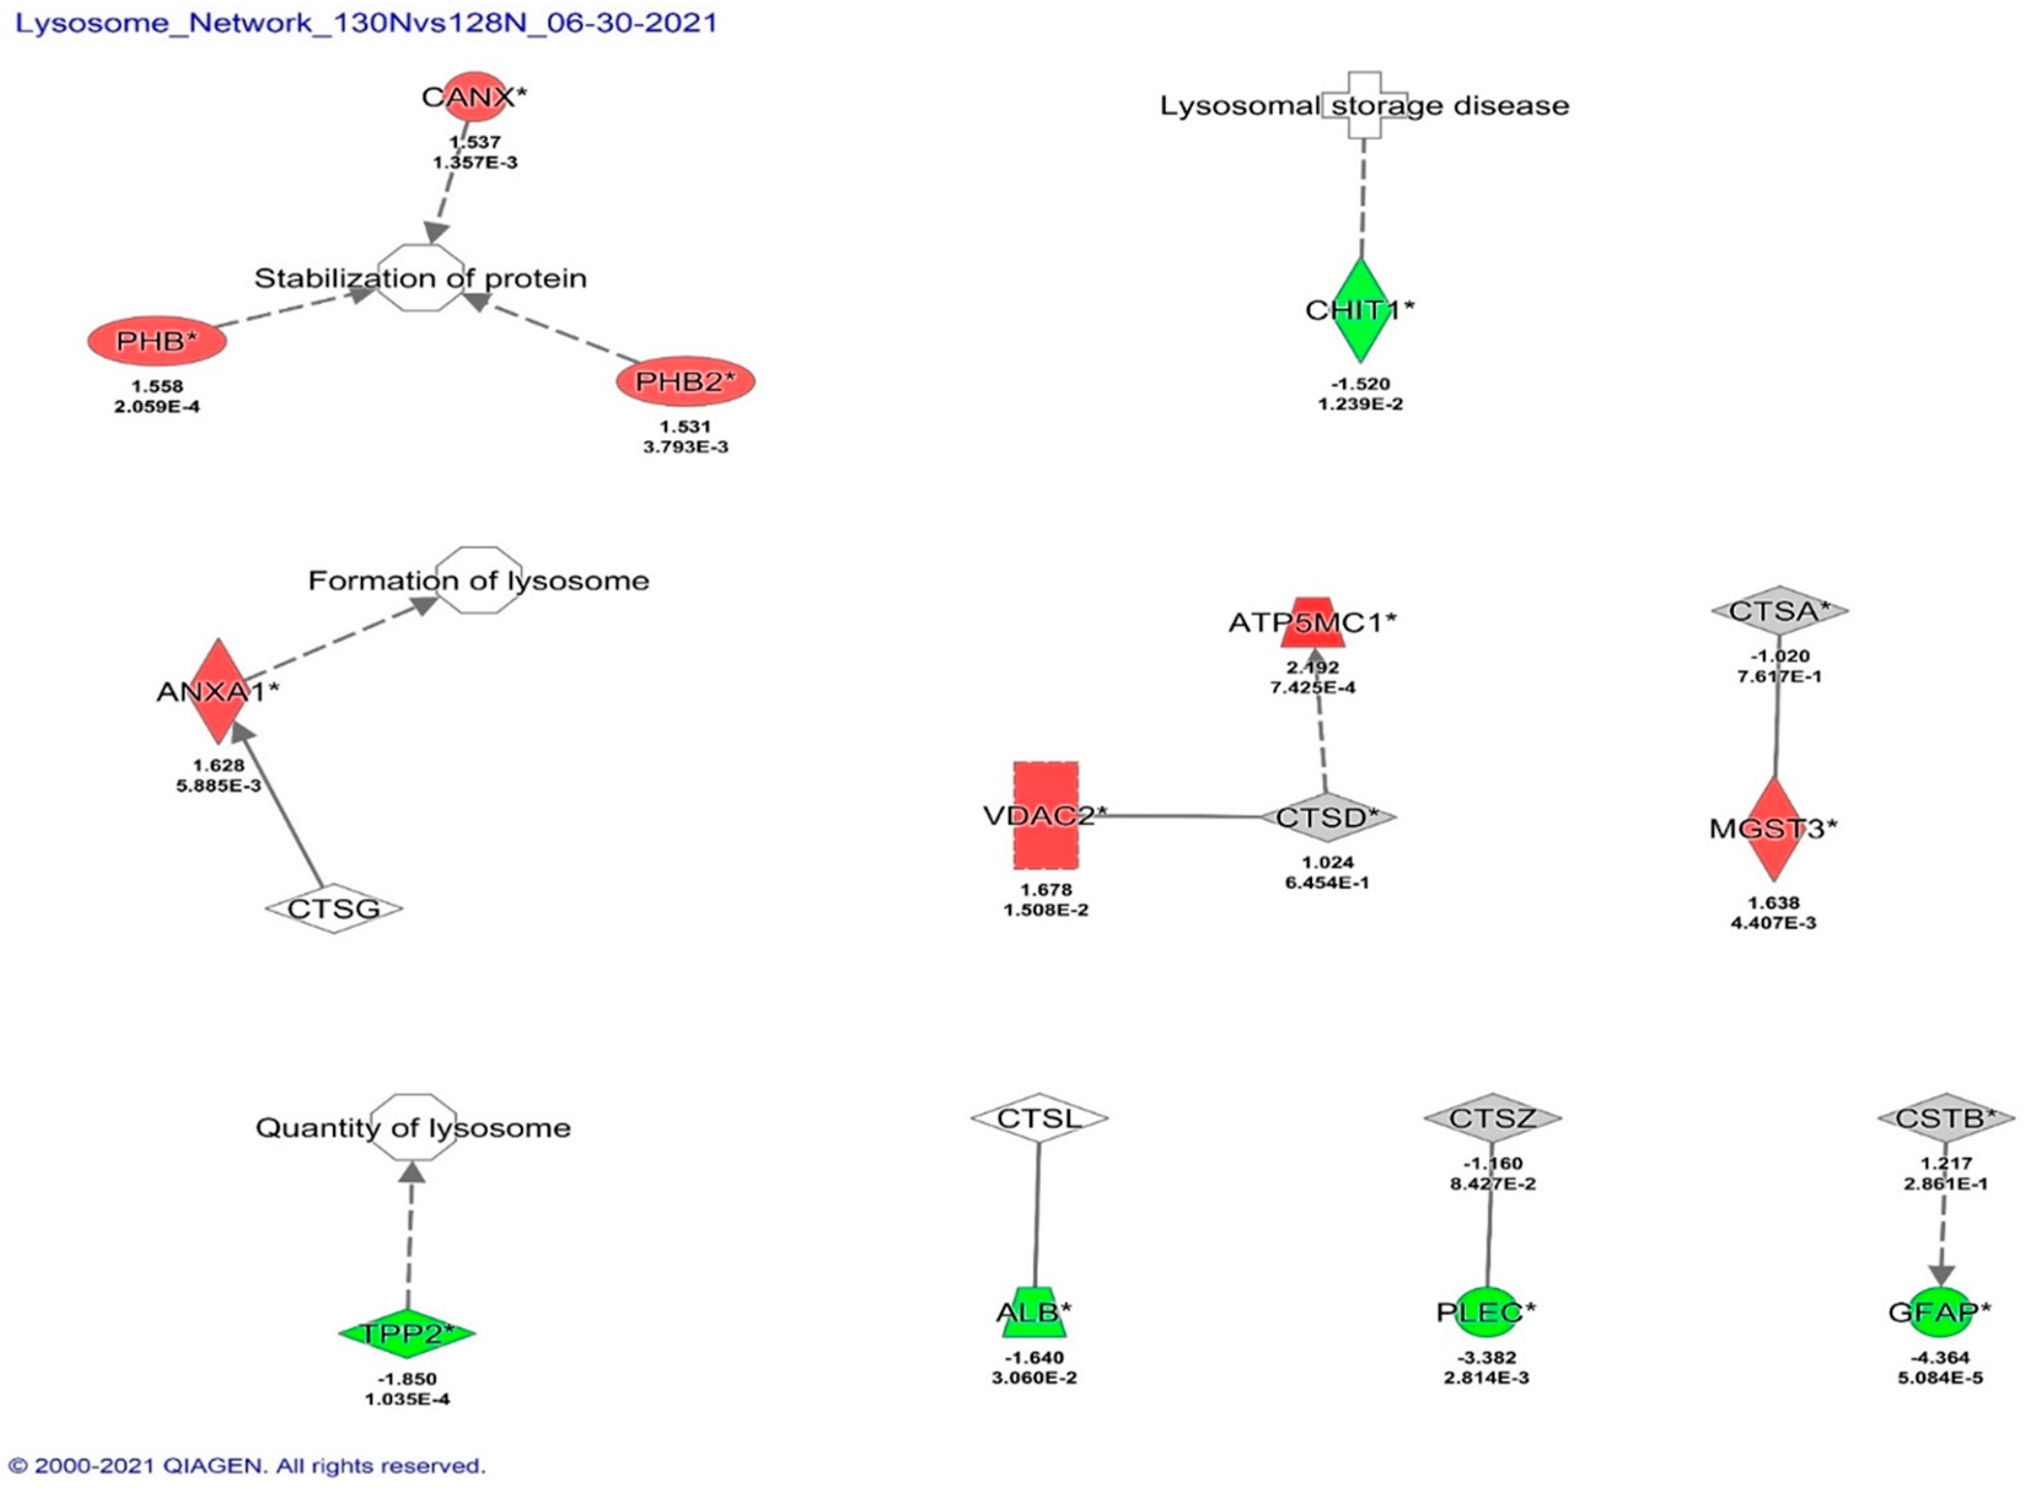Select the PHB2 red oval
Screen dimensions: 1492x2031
pos(686,381)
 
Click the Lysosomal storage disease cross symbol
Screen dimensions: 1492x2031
pos(1364,106)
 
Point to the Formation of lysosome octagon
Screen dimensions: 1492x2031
pos(480,580)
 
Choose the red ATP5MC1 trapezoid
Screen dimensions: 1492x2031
pos(1313,622)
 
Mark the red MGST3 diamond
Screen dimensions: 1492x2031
pos(1774,828)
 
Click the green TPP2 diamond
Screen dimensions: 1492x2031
pos(407,1333)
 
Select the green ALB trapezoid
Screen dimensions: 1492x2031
pos(1034,1312)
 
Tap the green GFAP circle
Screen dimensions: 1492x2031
pos(1939,1312)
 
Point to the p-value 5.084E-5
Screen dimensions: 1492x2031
pos(1940,1377)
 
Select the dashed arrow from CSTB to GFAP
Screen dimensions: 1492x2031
pos(1943,1237)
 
